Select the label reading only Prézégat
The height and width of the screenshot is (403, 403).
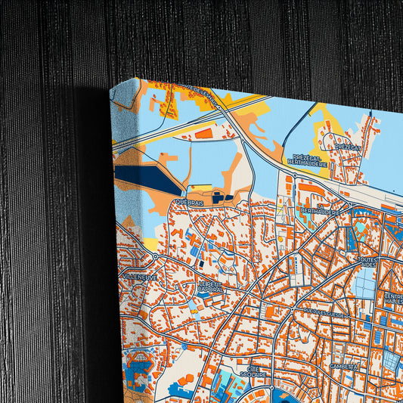pyautogui.click(x=348, y=147)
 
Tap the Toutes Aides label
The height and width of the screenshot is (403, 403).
pyautogui.click(x=368, y=262)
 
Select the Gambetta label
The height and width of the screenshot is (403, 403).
pyautogui.click(x=343, y=365)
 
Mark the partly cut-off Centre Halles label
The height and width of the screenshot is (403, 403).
pyautogui.click(x=393, y=298)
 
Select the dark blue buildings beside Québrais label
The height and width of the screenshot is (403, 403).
pyautogui.click(x=219, y=197)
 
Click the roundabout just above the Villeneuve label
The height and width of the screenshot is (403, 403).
pyautogui.click(x=154, y=256)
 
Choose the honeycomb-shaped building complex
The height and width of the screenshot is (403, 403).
pyautogui.click(x=139, y=361)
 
